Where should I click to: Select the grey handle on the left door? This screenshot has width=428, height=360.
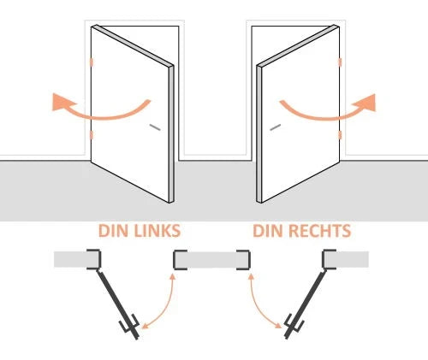coord(155,127)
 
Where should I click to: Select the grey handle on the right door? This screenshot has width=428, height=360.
coord(276,127)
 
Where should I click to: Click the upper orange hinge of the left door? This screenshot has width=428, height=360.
coord(92,62)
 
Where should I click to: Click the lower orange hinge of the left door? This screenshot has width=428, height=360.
coord(92,135)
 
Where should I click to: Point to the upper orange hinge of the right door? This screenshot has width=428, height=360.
coord(340,62)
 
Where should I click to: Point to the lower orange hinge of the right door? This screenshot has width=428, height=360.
coord(340,135)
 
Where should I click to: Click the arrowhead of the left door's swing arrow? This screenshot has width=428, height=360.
coord(62,102)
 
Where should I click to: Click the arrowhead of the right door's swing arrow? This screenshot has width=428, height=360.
coord(366,103)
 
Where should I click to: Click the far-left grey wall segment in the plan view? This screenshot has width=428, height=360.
coord(74,259)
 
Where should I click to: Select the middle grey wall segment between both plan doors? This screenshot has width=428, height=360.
coord(211,260)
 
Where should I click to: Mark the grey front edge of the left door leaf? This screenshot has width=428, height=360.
coord(171,134)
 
